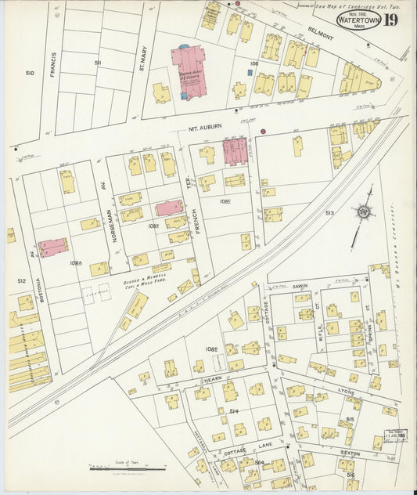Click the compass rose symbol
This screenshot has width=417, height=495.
point(363,211)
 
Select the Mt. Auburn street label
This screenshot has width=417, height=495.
point(201,123)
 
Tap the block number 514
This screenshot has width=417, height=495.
point(233,410)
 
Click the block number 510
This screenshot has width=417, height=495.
point(29,73)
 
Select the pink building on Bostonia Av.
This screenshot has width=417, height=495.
point(52,247)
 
